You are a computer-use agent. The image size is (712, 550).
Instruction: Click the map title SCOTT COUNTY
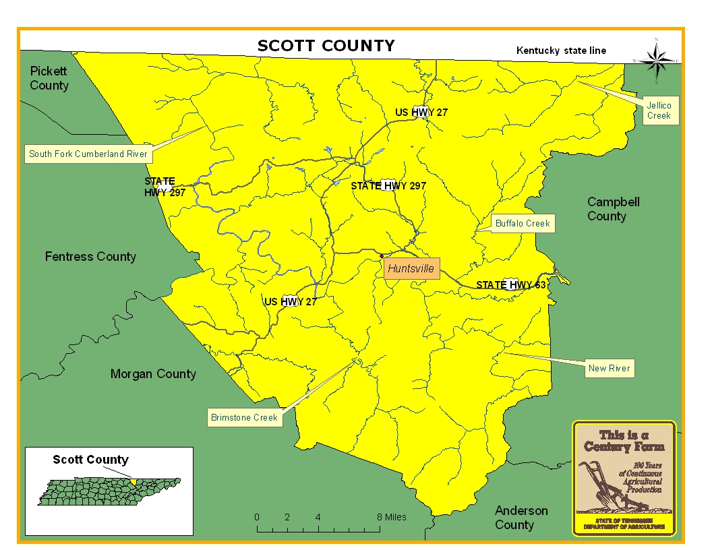tap(326, 46)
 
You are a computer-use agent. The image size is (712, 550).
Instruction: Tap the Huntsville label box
tap(411, 268)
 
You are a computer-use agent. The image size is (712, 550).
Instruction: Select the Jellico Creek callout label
tap(659, 111)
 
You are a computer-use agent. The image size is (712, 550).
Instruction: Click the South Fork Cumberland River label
tap(88, 154)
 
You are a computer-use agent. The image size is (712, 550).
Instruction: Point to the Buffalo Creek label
tap(523, 223)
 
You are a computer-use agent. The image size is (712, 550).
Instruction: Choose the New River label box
tap(609, 368)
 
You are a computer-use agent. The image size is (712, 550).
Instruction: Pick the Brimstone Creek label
tap(244, 417)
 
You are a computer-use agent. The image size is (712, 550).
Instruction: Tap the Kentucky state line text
tap(561, 51)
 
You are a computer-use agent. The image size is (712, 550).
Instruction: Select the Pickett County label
tap(49, 78)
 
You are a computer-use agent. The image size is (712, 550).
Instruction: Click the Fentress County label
tap(90, 256)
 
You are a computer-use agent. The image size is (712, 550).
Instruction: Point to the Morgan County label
tap(153, 374)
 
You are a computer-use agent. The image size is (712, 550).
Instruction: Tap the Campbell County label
tap(613, 209)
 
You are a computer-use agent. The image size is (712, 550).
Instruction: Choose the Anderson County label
tap(521, 518)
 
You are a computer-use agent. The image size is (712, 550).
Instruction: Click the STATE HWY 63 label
tap(510, 285)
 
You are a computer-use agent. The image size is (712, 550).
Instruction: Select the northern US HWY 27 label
tap(421, 113)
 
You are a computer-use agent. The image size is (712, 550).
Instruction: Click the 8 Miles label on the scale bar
tap(392, 517)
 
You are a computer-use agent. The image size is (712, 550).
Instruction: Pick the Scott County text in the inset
tap(90, 460)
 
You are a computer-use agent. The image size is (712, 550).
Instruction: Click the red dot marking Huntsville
tap(382, 256)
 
